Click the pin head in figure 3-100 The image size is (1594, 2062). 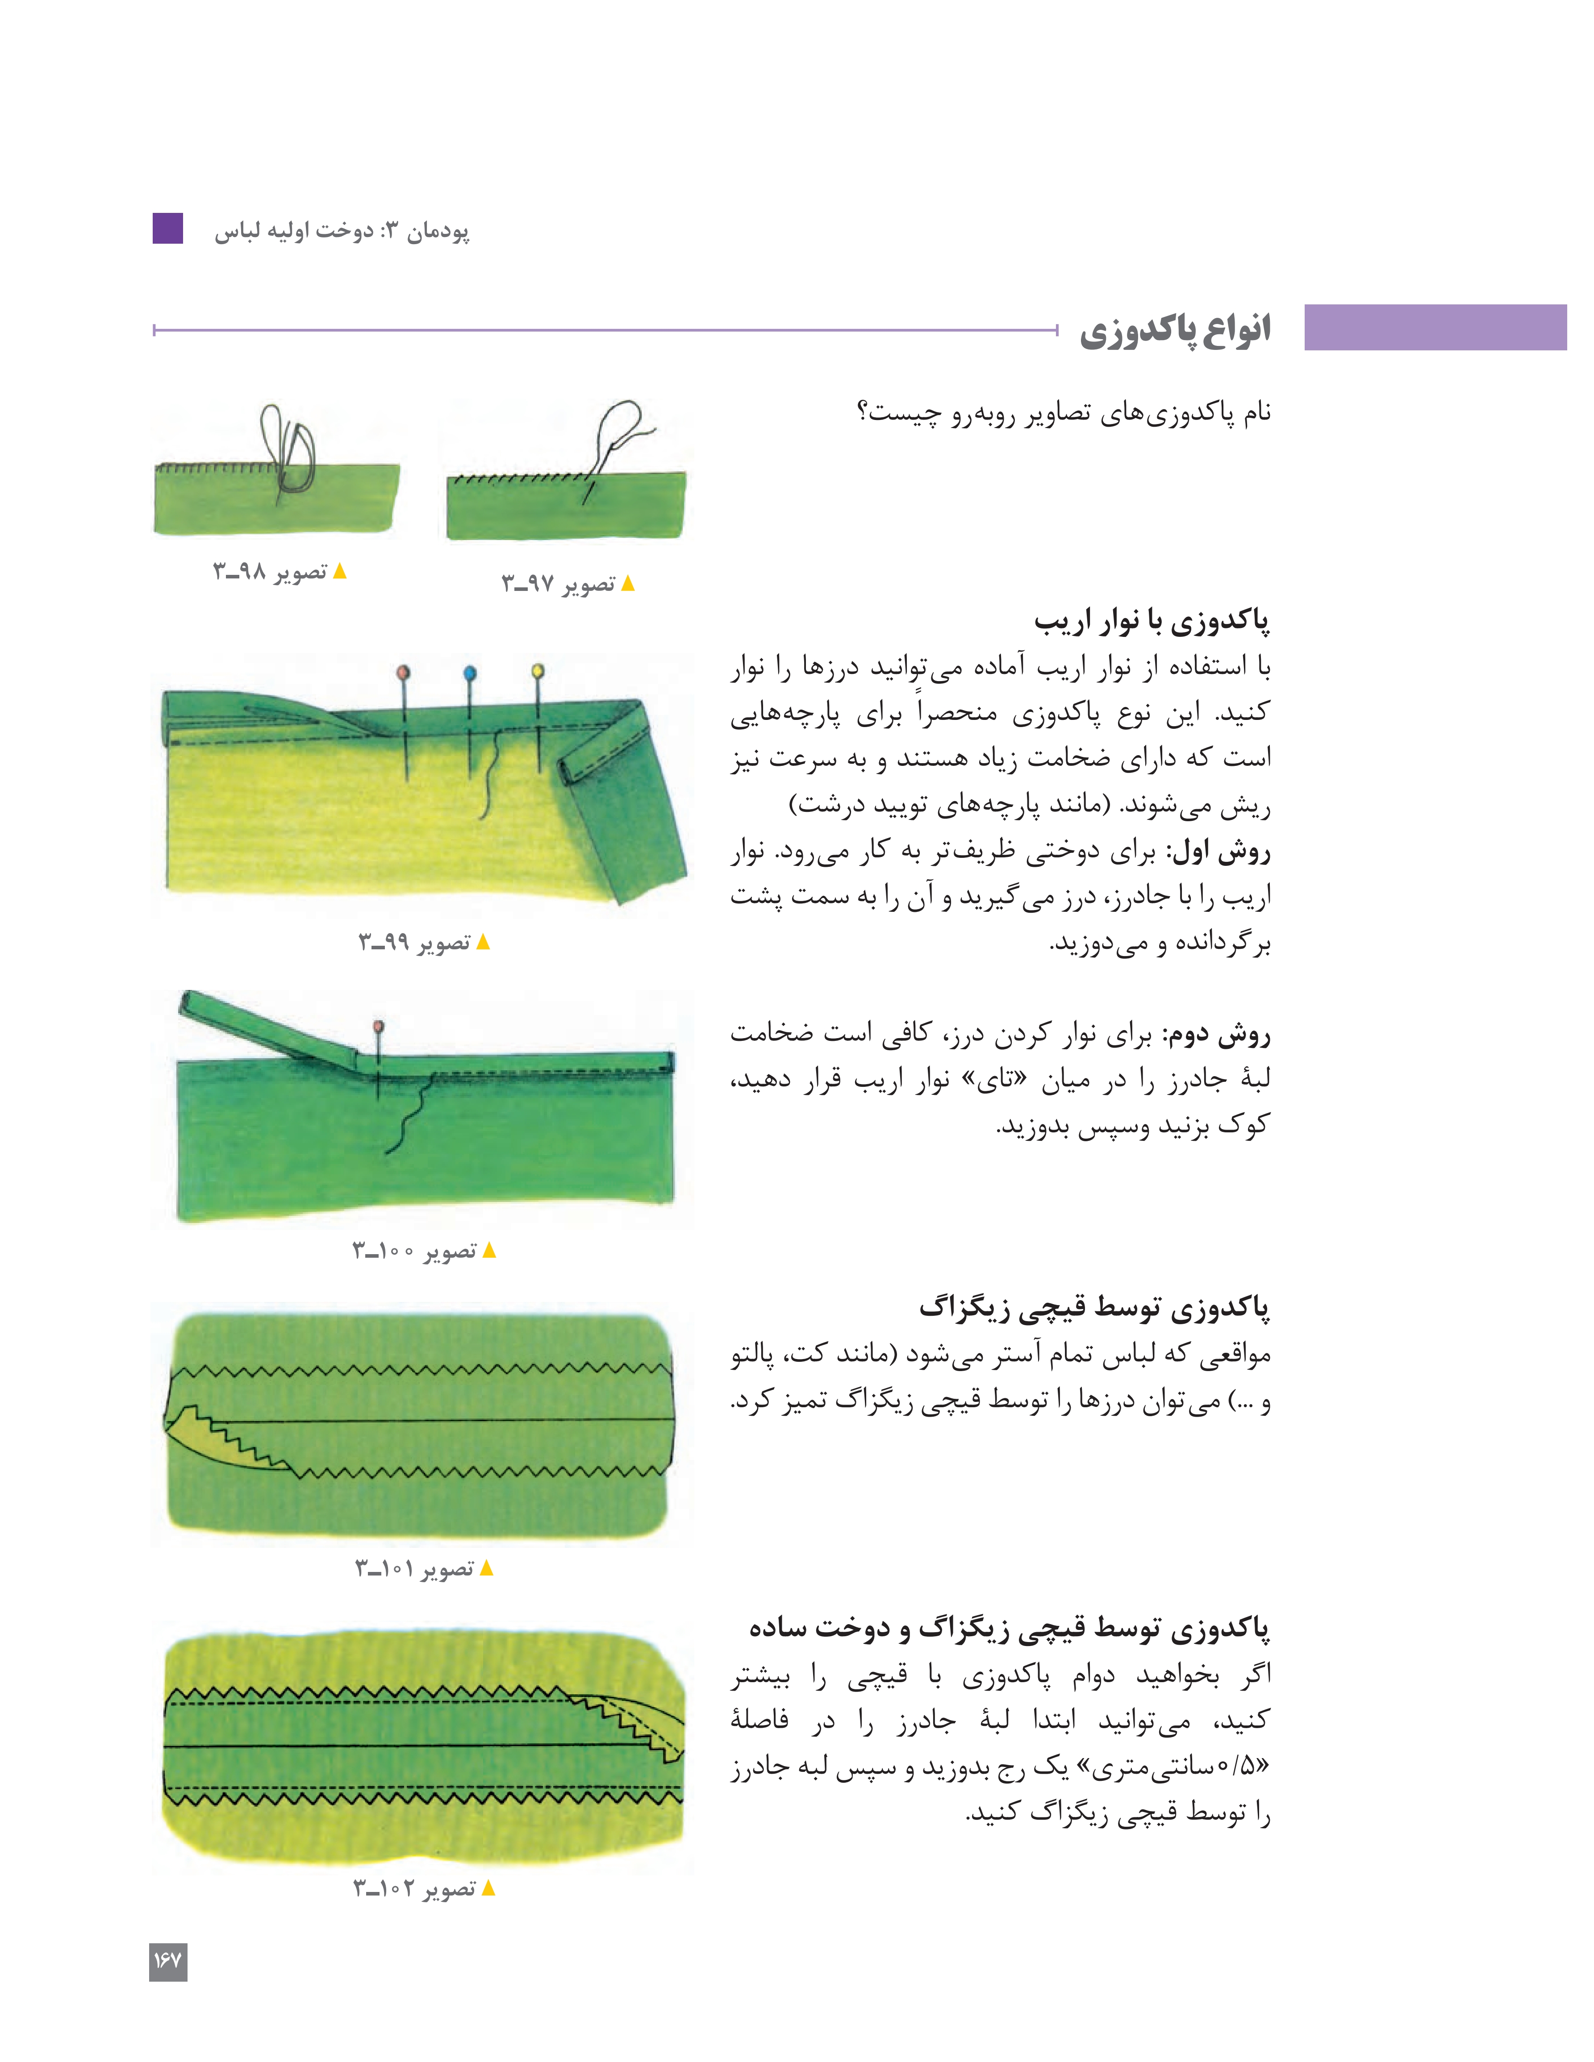(379, 1026)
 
